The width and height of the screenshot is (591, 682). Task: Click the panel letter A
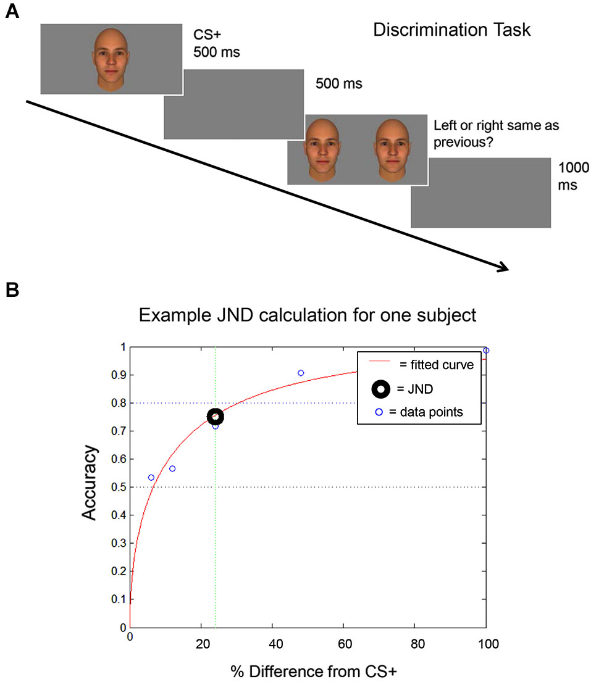point(11,12)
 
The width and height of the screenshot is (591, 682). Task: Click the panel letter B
point(11,289)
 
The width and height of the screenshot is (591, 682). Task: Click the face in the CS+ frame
point(112,59)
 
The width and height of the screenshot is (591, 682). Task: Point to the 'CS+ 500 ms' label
point(216,44)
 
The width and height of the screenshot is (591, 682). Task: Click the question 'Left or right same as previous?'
point(496,133)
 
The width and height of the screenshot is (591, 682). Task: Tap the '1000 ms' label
point(573,176)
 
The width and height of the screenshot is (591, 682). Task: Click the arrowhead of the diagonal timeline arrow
point(503,267)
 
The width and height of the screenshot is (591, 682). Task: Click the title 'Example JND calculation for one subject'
point(308,315)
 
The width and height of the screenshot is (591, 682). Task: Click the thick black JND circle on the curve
point(215,417)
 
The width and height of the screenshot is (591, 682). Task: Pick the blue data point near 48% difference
point(301,373)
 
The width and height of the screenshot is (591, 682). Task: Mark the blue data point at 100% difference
point(486,351)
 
